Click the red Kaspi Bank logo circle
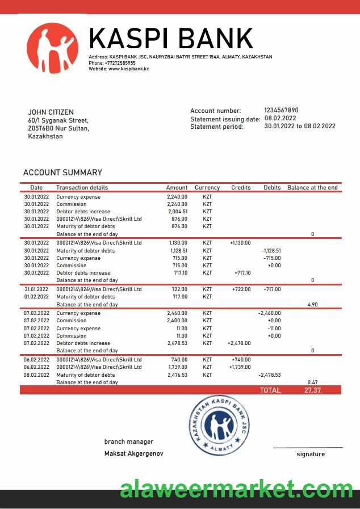52,48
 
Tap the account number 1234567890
281,110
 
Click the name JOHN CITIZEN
51,112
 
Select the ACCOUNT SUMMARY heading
62,173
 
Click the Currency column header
207,187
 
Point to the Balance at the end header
312,187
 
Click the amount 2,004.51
178,212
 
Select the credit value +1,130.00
240,243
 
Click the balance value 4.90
312,305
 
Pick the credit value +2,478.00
238,343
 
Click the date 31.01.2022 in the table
36,289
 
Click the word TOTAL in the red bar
270,390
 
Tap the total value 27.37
312,390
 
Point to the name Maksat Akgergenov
134,453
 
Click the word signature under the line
311,454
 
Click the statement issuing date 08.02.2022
280,119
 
